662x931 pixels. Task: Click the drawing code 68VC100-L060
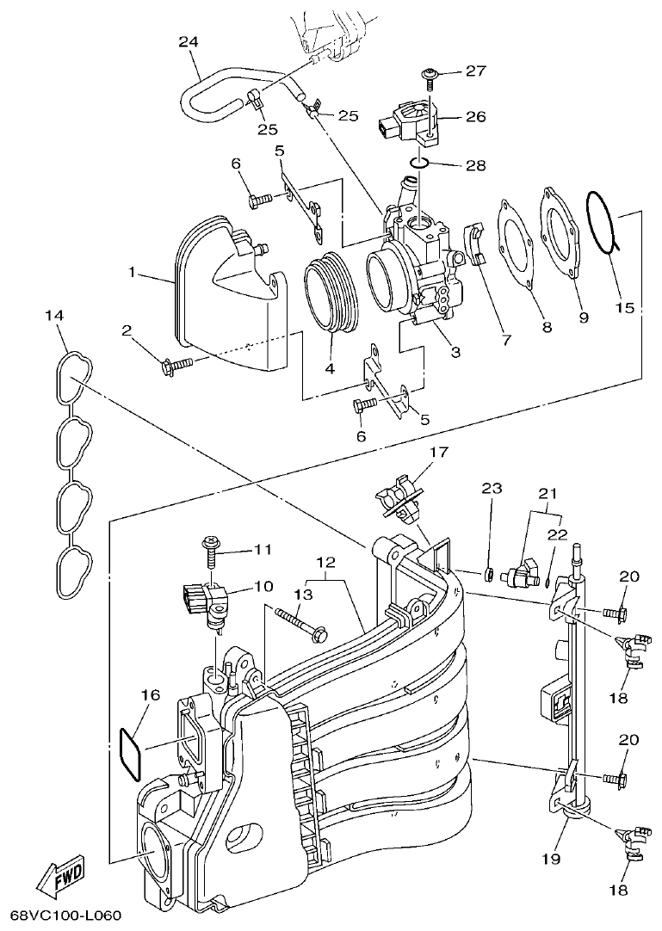[x=62, y=915]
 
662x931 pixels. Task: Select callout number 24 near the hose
[x=189, y=41]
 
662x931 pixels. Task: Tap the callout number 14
[x=53, y=316]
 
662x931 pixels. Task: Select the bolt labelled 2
[x=176, y=367]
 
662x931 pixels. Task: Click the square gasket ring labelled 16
[x=128, y=752]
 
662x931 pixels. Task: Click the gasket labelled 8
[x=517, y=241]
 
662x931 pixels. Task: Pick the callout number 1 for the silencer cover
[x=132, y=272]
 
